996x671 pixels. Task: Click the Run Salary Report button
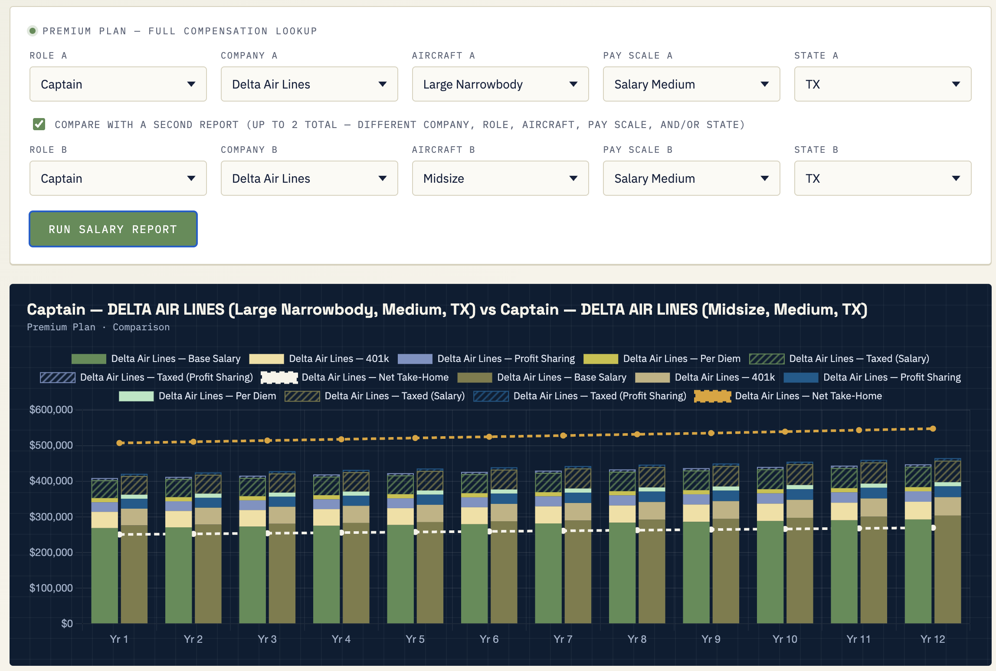(x=113, y=229)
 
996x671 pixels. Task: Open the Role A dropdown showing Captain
(x=118, y=84)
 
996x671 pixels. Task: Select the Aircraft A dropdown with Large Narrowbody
(x=500, y=84)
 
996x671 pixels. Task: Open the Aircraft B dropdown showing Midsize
(x=500, y=178)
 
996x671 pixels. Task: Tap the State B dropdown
(x=882, y=178)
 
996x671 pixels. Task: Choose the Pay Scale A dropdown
(x=691, y=84)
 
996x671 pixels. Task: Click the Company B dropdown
(x=309, y=178)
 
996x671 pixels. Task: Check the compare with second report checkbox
(x=39, y=125)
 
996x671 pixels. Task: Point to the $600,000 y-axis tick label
(x=51, y=410)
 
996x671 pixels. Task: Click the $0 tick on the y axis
(x=67, y=624)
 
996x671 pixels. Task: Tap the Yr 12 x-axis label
(x=933, y=639)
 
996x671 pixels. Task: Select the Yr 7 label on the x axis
(x=563, y=639)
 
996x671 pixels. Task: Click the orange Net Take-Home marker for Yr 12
(x=933, y=429)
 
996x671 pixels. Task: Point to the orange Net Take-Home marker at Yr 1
(x=119, y=443)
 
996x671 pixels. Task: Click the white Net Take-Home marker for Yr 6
(x=489, y=531)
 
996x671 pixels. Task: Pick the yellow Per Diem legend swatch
(x=601, y=359)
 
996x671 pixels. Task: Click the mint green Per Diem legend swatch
(x=136, y=396)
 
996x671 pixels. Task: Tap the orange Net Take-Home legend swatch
(x=712, y=396)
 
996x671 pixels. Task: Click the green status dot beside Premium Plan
(x=33, y=31)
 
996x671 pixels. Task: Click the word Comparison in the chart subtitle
(x=141, y=327)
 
